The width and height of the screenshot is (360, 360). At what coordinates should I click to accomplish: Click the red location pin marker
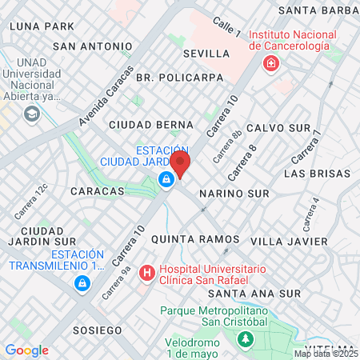click(180, 165)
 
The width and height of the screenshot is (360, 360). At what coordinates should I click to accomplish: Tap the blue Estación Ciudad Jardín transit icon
click(166, 179)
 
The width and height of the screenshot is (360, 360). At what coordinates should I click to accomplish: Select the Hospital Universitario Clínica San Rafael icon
click(146, 274)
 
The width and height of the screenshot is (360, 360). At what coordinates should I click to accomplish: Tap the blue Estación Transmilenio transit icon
click(82, 283)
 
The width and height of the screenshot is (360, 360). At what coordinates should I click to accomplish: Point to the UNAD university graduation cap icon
click(32, 114)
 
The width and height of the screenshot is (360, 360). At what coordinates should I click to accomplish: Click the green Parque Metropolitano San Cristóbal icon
click(246, 340)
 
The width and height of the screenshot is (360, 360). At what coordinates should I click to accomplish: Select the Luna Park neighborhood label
click(42, 26)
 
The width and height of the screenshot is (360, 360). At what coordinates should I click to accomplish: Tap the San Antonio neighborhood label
click(92, 46)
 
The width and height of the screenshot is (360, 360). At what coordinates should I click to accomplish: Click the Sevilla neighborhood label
click(206, 54)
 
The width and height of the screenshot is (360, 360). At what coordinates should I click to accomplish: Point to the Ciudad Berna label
click(151, 125)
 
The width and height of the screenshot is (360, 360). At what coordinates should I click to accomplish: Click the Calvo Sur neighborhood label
click(278, 128)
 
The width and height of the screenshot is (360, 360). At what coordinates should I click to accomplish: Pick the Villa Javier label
click(289, 241)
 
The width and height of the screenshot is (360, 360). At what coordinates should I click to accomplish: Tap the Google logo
click(27, 350)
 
